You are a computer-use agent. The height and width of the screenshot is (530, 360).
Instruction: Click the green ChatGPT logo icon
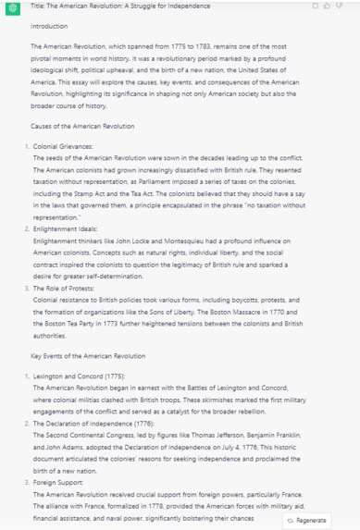tap(12, 7)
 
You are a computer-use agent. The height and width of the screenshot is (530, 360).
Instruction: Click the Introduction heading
tap(49, 26)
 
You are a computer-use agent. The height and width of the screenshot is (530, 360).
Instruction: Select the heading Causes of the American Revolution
tap(82, 126)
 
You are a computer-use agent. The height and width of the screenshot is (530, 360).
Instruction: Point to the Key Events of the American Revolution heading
tap(88, 355)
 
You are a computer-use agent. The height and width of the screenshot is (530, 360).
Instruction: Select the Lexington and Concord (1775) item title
tap(78, 377)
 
